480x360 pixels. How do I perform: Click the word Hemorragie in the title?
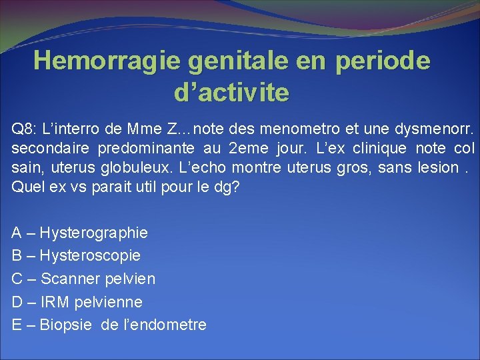tap(108, 61)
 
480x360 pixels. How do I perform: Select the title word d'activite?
tap(231, 93)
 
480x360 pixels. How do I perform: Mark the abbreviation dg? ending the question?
tap(226, 187)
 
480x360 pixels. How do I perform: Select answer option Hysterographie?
tap(94, 233)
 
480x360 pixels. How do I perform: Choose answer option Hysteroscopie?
tap(90, 255)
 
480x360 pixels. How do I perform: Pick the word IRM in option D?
tap(54, 302)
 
